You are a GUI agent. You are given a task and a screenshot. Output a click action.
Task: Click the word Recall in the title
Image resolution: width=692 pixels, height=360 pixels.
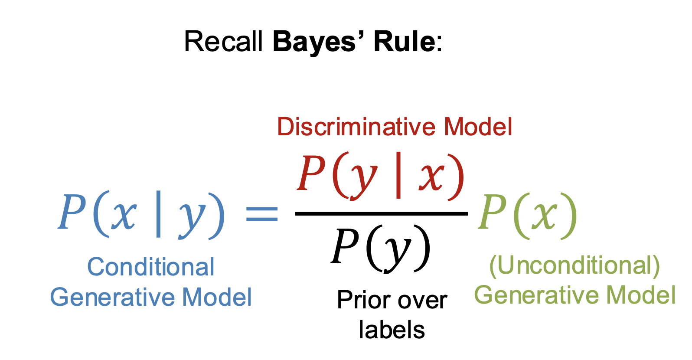pyautogui.click(x=223, y=41)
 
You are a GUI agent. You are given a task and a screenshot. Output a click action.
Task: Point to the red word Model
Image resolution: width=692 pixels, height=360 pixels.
pyautogui.click(x=478, y=127)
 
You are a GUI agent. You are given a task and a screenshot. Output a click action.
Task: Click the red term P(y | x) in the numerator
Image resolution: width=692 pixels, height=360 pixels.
pyautogui.click(x=381, y=177)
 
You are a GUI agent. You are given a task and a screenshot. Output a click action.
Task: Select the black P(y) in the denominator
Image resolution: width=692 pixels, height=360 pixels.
pyautogui.click(x=381, y=249)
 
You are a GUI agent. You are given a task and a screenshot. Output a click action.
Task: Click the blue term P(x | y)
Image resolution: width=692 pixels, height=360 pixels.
pyautogui.click(x=141, y=215)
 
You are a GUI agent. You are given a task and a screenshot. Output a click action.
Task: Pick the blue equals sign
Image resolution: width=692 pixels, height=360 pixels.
pyautogui.click(x=262, y=214)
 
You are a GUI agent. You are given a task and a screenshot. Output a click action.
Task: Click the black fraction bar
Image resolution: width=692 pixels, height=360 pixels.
pyautogui.click(x=382, y=213)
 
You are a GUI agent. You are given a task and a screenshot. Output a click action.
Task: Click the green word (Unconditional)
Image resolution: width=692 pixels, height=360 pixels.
pyautogui.click(x=574, y=266)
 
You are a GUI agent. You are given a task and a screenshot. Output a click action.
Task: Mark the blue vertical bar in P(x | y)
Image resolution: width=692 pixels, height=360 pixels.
pyautogui.click(x=159, y=214)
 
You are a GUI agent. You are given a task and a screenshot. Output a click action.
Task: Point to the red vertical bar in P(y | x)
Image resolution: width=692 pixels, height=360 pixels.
pyautogui.click(x=398, y=175)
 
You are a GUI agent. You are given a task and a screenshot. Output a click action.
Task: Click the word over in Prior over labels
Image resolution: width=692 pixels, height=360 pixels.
pyautogui.click(x=423, y=301)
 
